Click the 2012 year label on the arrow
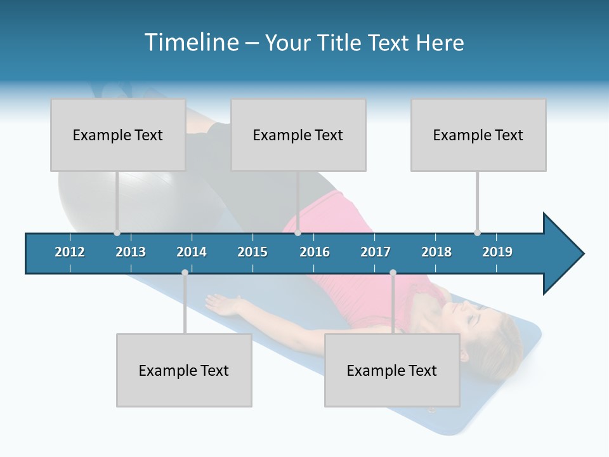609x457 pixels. [x=70, y=252]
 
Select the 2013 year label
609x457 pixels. [x=131, y=252]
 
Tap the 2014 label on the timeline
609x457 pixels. [x=192, y=252]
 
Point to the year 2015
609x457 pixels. [x=252, y=252]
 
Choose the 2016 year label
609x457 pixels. [x=315, y=252]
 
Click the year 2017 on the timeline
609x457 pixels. [x=376, y=252]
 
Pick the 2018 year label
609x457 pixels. [x=436, y=252]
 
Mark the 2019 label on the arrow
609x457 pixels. [x=497, y=252]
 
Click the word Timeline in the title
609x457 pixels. [x=190, y=43]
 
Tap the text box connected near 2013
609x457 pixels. [x=118, y=135]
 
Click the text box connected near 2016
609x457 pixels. [x=298, y=135]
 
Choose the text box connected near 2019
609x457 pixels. [x=478, y=135]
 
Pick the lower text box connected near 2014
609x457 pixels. [x=184, y=370]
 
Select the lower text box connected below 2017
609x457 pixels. [x=392, y=370]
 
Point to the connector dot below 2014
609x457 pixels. [x=185, y=273]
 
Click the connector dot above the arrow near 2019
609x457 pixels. [x=477, y=232]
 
